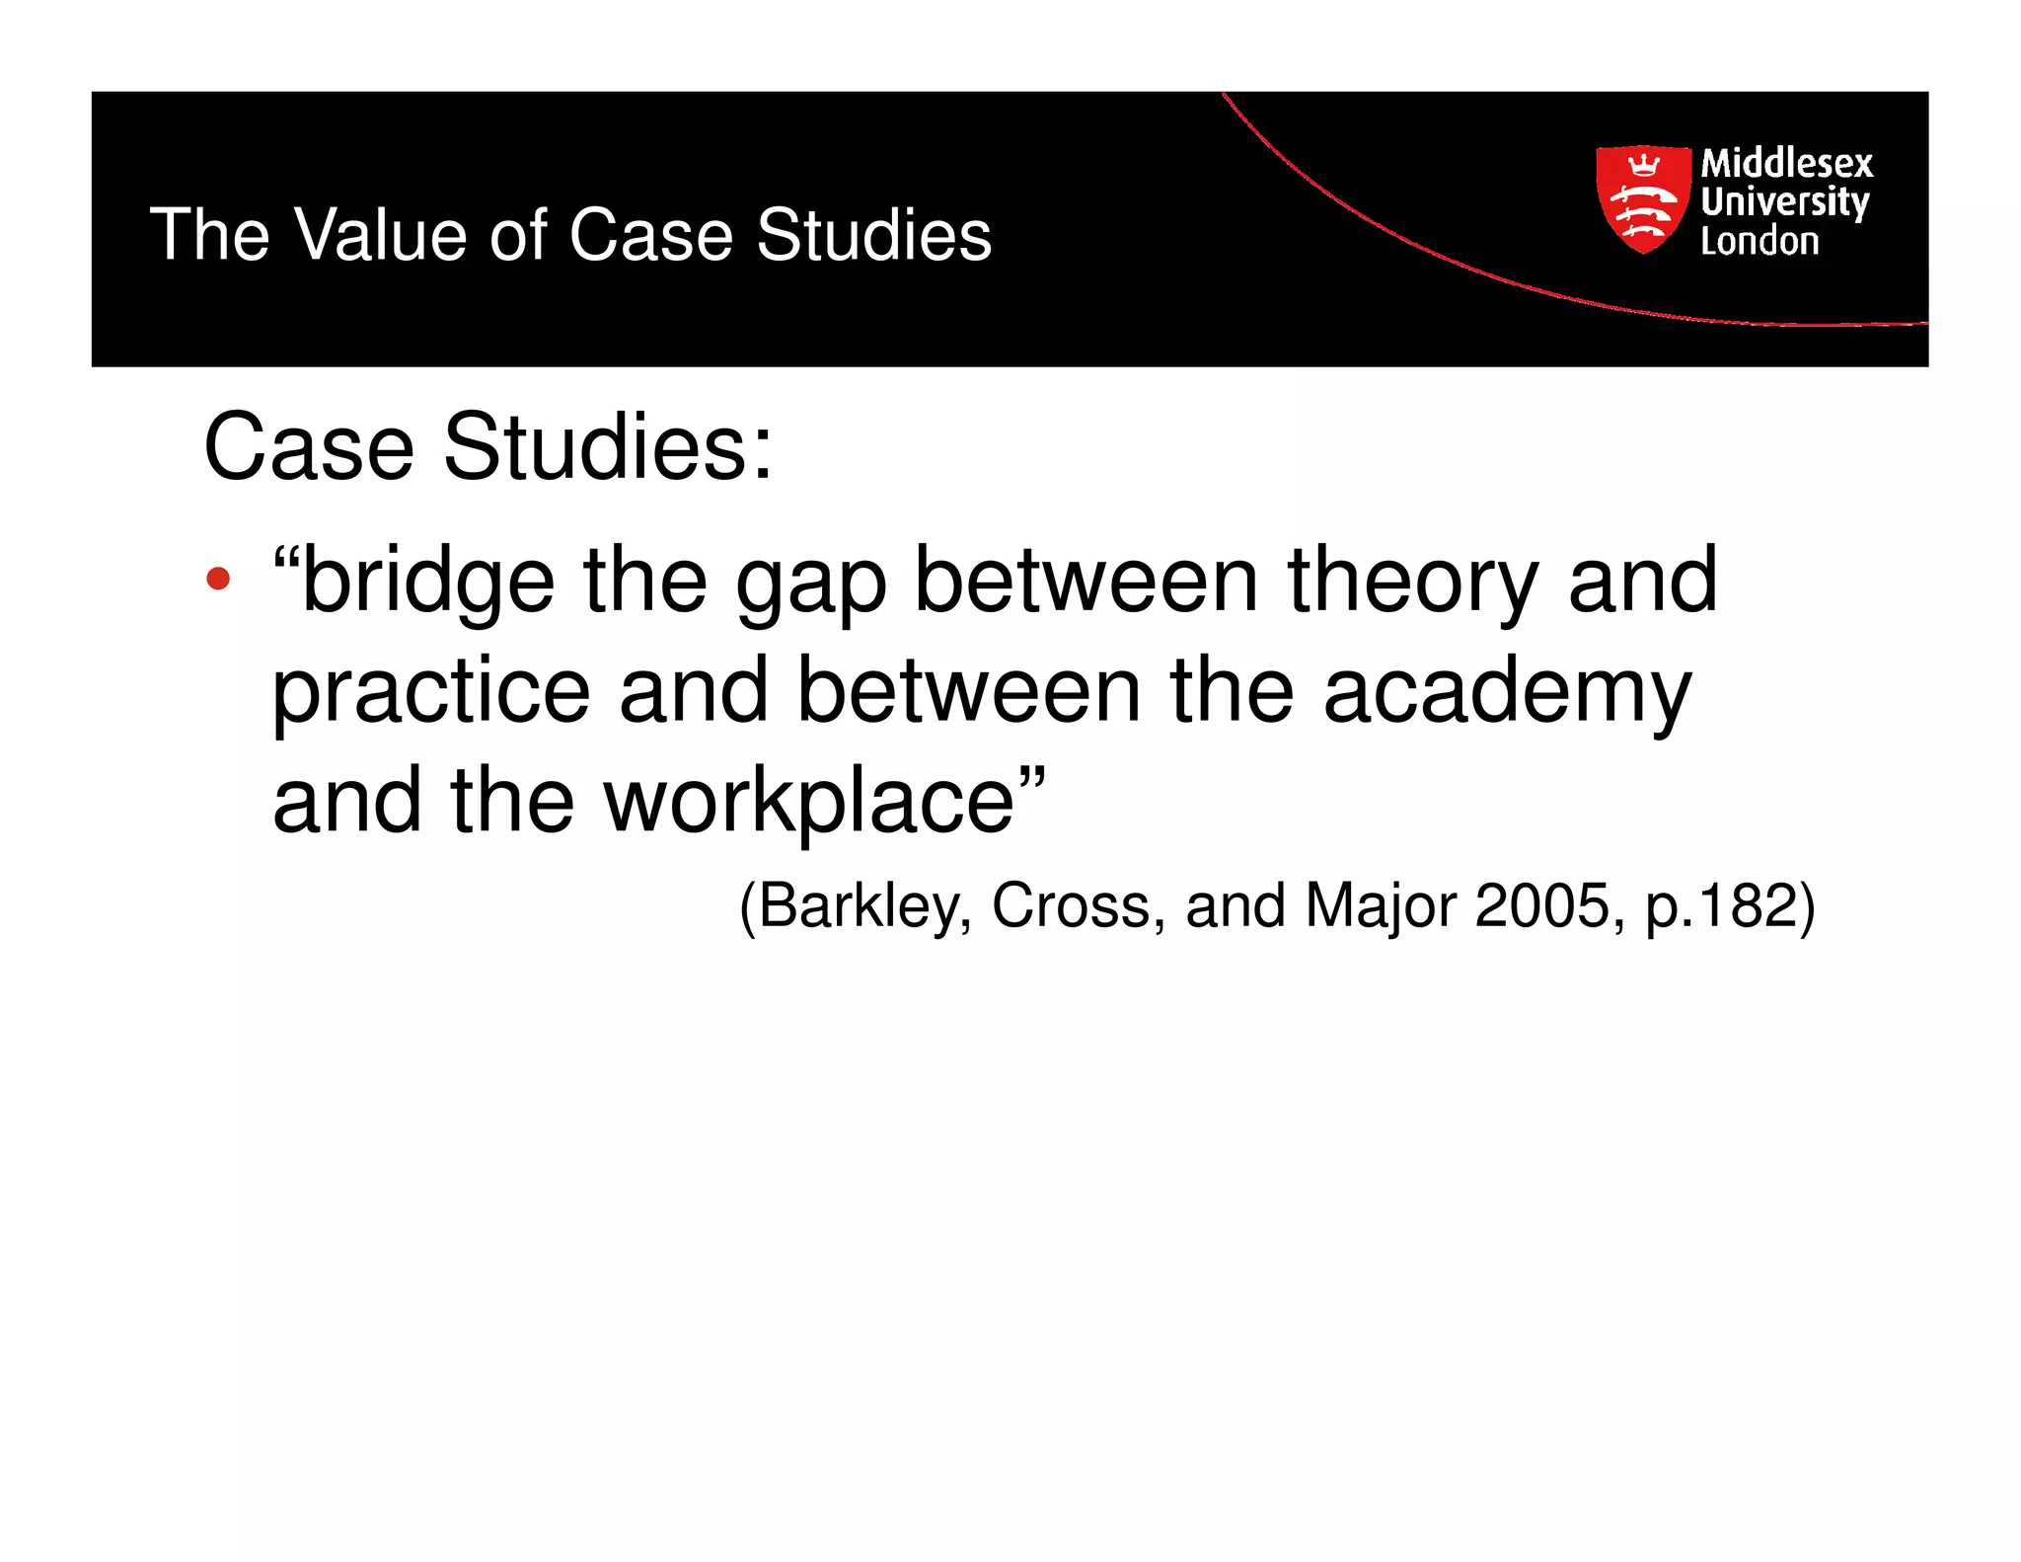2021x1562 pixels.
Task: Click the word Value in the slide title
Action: click(380, 235)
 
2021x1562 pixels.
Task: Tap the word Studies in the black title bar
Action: click(873, 235)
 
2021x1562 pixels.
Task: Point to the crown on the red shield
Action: click(1642, 162)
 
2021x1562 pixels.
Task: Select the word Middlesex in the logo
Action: click(1786, 163)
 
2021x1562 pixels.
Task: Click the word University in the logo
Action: click(1784, 202)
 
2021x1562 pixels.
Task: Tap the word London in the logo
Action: click(1759, 241)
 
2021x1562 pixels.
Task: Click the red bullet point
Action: click(218, 580)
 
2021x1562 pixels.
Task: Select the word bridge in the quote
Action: click(427, 581)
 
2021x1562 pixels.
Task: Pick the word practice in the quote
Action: click(431, 693)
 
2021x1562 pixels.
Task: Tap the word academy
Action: click(1507, 693)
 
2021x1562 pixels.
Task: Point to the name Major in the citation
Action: click(1380, 905)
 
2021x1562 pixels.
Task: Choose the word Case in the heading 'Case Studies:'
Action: click(308, 447)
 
